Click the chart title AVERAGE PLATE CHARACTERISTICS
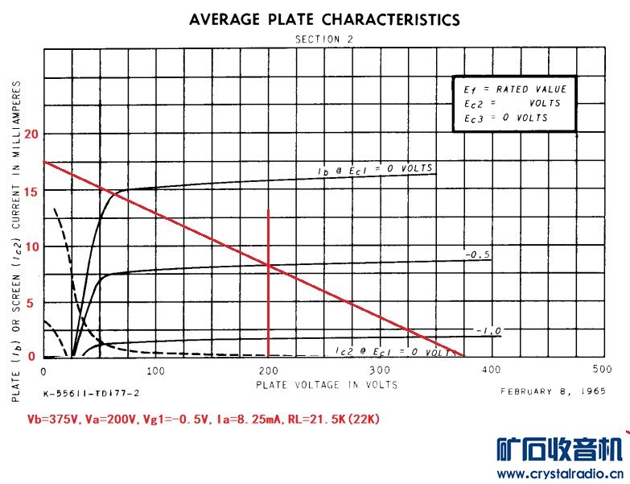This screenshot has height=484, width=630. click(x=324, y=20)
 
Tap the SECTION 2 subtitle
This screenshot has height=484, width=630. click(x=324, y=39)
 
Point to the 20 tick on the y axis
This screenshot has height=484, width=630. click(x=31, y=134)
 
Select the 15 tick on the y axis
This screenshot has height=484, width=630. click(x=31, y=190)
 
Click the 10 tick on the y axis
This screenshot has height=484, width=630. click(x=31, y=246)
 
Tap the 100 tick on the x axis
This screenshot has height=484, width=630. click(x=156, y=371)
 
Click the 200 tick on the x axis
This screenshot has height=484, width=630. click(x=268, y=371)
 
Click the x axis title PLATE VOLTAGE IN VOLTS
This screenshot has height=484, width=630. click(x=327, y=385)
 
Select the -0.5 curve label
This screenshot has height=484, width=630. click(x=477, y=254)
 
